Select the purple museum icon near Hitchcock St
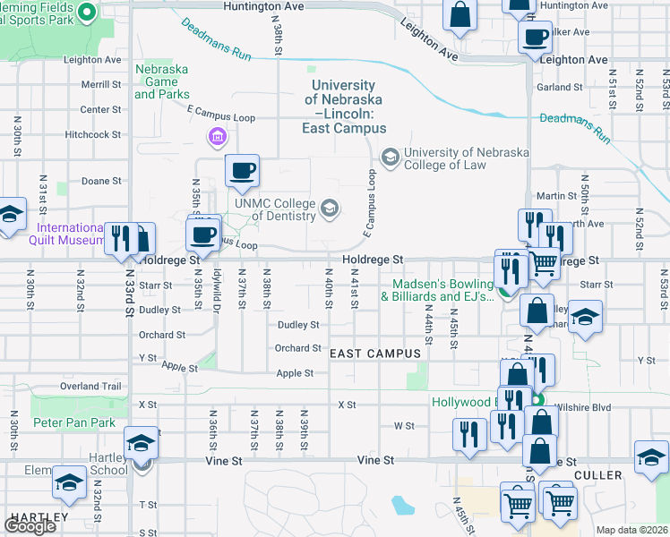click(216, 137)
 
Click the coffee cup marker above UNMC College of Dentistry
click(243, 170)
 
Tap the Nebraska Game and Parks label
click(162, 81)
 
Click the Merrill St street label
click(100, 84)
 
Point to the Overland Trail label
click(90, 386)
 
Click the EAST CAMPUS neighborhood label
click(375, 354)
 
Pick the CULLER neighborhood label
click(597, 475)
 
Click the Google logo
click(30, 525)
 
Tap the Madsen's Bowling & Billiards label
click(442, 291)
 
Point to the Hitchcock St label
click(92, 134)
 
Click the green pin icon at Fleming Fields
click(86, 12)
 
